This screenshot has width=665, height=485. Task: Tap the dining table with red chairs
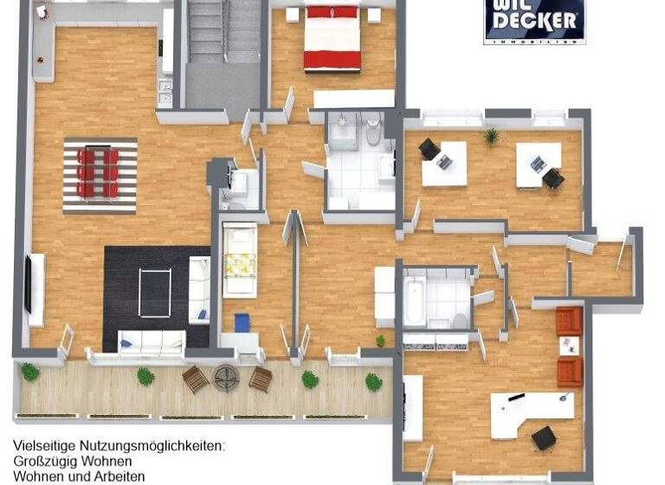100,173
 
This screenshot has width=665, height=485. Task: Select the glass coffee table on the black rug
157,290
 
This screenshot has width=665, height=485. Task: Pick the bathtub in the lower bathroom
416,300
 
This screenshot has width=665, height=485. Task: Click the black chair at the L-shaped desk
545,437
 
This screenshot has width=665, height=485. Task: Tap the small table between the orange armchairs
569,346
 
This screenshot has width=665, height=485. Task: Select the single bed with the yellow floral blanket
240,259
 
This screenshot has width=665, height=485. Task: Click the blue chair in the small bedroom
242,322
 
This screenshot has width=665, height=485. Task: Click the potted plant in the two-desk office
491,136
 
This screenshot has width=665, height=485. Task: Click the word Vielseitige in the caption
42,446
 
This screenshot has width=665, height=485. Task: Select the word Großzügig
44,462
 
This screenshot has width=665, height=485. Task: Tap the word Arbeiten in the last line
119,476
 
